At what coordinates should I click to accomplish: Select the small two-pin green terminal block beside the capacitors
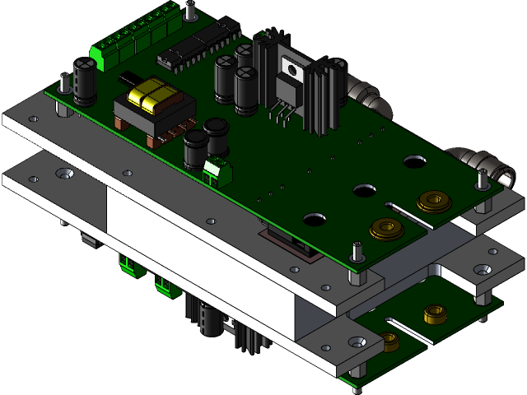click(217, 172)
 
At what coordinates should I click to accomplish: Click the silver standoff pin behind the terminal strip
click(190, 12)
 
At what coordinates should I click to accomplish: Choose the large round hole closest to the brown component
click(313, 220)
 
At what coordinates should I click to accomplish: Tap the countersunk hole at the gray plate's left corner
click(63, 174)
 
